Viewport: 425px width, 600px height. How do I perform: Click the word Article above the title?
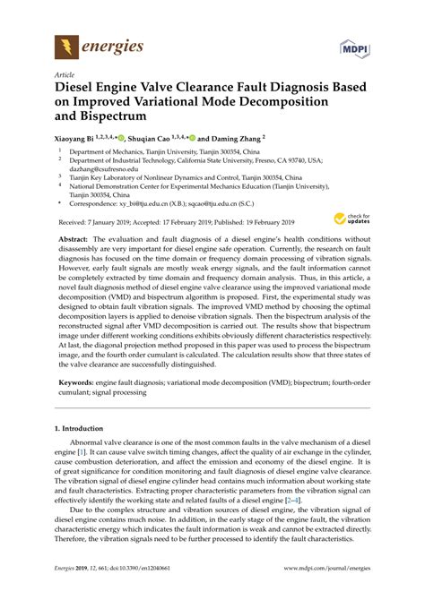point(65,77)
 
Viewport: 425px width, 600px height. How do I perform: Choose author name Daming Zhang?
point(234,139)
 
